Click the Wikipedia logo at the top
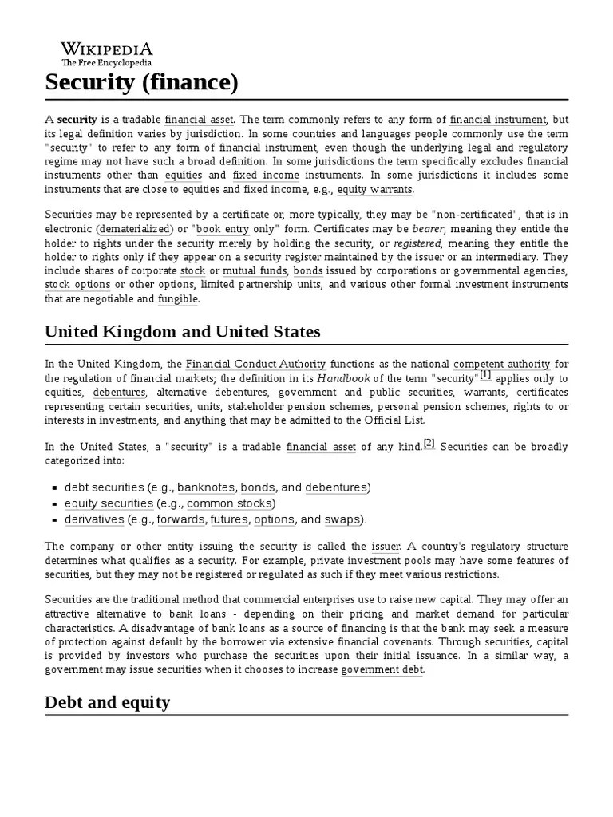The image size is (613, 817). pos(106,52)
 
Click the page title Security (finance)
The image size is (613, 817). pos(140,81)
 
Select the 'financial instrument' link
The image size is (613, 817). pos(497,119)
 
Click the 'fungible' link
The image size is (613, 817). pos(178,298)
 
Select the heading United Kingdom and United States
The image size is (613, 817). pos(184,331)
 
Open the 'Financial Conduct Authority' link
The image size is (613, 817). pos(255,364)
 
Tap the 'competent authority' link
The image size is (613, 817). pos(500,364)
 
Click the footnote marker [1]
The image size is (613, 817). pos(485,375)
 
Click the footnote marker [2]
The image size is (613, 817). pos(429,443)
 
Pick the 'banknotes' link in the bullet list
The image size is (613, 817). pos(205,487)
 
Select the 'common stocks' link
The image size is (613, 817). pos(229,503)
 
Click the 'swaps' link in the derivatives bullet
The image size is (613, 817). pos(342,519)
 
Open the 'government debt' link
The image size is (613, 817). pos(382,669)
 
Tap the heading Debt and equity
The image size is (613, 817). pos(107,702)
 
